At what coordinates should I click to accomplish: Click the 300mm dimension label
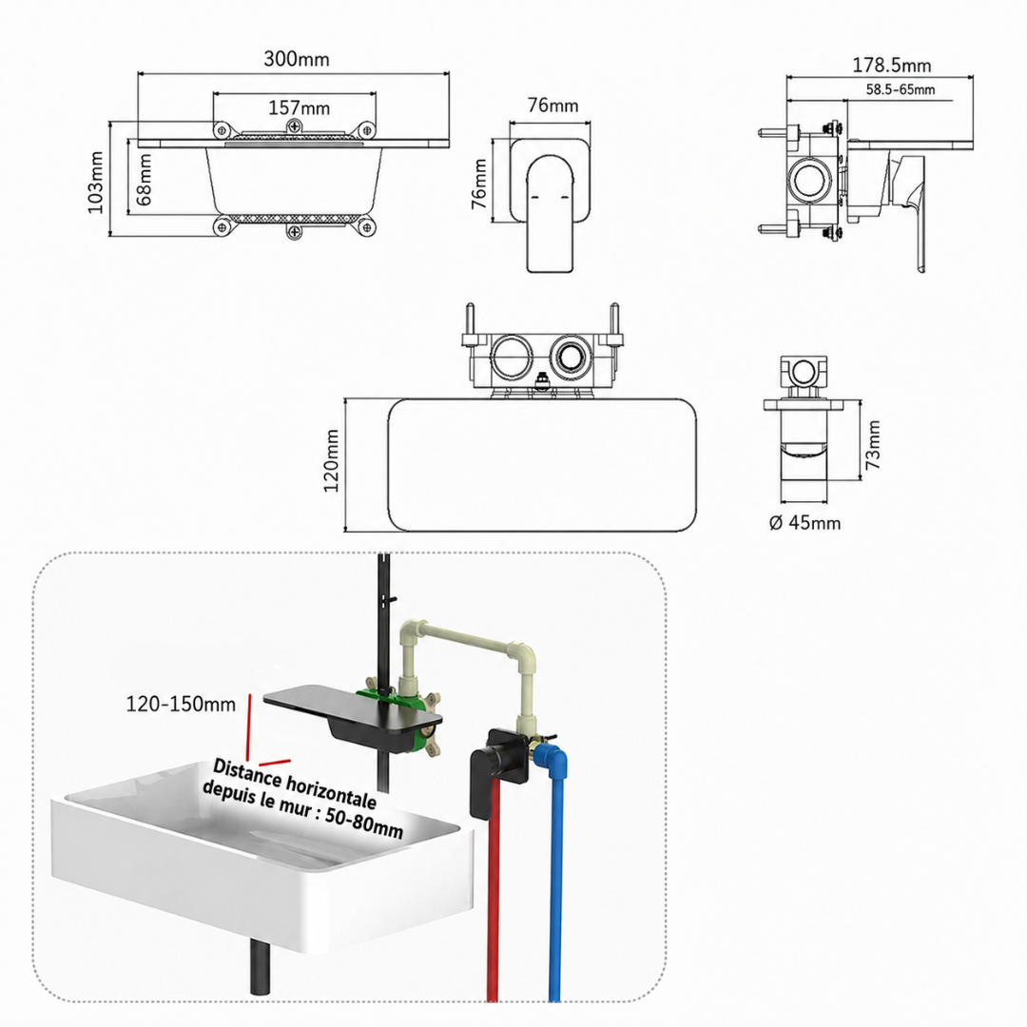pyautogui.click(x=296, y=59)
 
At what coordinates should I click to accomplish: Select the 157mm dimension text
pyautogui.click(x=299, y=107)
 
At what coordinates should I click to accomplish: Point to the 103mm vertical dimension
pyautogui.click(x=96, y=182)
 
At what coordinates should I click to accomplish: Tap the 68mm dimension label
pyautogui.click(x=145, y=180)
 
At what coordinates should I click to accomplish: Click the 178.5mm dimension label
pyautogui.click(x=891, y=65)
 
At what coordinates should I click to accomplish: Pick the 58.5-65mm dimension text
pyautogui.click(x=901, y=89)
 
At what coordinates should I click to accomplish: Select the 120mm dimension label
pyautogui.click(x=332, y=460)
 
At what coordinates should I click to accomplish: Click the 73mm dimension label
pyautogui.click(x=873, y=445)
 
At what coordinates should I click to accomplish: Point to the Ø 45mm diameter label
pyautogui.click(x=804, y=523)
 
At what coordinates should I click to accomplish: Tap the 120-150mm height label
pyautogui.click(x=181, y=704)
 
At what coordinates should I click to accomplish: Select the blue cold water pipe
pyautogui.click(x=554, y=878)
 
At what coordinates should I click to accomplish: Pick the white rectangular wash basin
pyautogui.click(x=262, y=851)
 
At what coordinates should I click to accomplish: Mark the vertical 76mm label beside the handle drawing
pyautogui.click(x=480, y=184)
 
